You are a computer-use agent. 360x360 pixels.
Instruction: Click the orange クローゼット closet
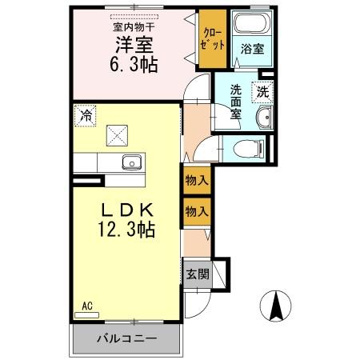coord(211,39)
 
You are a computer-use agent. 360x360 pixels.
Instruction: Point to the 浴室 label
coord(251,49)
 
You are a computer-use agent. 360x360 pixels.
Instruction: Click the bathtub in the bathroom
coord(250,24)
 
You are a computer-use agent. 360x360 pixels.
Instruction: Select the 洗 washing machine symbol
coord(263,91)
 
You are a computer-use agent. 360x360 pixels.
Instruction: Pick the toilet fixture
coord(250,147)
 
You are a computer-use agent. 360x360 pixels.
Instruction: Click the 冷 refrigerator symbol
coord(85,115)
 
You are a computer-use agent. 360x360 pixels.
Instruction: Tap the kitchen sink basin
coord(132,163)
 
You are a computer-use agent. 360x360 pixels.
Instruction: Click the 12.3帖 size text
coord(126,230)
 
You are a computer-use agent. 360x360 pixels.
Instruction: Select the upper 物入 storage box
coord(196,182)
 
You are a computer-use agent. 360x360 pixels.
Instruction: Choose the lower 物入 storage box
coord(196,211)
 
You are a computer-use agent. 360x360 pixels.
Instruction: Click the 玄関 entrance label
coord(197,274)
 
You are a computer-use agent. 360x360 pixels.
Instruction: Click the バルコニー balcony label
coord(127,338)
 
